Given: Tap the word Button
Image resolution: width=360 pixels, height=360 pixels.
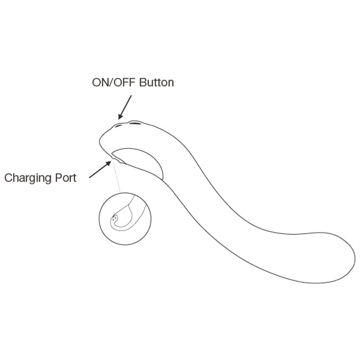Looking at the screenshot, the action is pos(157,82).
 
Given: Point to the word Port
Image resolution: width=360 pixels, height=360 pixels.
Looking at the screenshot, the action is pos(66,178).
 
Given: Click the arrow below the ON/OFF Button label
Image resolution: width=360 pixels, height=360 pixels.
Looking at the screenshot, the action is pos(125,108).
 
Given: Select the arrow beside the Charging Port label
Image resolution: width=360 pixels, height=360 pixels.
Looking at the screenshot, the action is pos(100,170).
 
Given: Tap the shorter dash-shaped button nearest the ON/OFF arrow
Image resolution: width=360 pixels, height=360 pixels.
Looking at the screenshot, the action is pos(119,126).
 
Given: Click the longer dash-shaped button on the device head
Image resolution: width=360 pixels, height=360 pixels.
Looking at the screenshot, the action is pos(135,124).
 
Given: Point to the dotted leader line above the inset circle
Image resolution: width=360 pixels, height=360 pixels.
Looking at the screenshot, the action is pos(117,177).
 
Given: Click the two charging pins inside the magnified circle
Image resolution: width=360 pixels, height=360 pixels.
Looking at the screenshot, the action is pos(114,217).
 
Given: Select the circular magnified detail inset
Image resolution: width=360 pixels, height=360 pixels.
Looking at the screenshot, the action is pos(125,218).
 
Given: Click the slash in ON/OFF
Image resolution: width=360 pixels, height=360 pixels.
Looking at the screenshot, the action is pos(112,82).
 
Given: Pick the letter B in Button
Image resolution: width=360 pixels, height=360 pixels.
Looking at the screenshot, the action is pos(143,82).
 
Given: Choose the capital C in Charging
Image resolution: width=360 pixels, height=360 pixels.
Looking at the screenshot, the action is pos(9,178).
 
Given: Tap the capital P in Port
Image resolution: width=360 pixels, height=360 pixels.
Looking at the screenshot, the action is pos(58,178).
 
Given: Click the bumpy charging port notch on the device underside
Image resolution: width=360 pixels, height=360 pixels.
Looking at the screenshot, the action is pos(116,159).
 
